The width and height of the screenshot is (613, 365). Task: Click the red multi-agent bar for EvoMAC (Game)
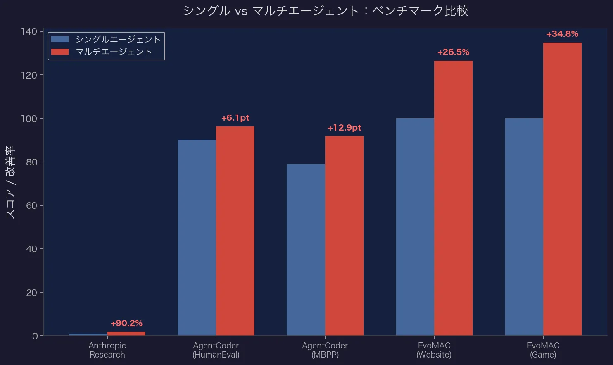tap(562, 189)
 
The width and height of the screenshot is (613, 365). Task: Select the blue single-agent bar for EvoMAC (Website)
tap(415, 227)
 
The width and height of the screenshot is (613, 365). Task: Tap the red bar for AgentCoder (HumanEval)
tap(235, 231)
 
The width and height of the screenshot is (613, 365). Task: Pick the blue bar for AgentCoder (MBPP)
tap(306, 250)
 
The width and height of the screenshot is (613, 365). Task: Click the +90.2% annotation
tap(126, 323)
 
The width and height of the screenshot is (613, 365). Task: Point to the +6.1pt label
tap(235, 118)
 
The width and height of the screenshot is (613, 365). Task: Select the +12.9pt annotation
tap(344, 128)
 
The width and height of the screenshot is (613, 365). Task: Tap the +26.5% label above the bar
tap(453, 52)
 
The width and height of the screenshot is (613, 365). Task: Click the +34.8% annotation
tap(562, 34)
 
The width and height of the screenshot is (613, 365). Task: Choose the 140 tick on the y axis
tap(29, 31)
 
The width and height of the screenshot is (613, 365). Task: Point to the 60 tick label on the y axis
tap(31, 205)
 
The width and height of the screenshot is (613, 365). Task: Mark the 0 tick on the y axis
tap(35, 336)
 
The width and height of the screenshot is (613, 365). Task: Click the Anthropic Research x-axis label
tap(107, 350)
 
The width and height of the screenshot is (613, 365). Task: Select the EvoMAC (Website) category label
tap(434, 350)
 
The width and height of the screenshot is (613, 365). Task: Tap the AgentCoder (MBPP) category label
tap(325, 350)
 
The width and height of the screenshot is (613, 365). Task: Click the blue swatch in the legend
tap(60, 39)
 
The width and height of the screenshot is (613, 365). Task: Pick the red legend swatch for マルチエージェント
tap(60, 52)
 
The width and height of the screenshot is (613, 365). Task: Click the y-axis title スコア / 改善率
tap(10, 182)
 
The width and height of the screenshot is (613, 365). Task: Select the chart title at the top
tap(326, 11)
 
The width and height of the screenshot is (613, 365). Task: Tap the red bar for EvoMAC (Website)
tap(453, 198)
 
